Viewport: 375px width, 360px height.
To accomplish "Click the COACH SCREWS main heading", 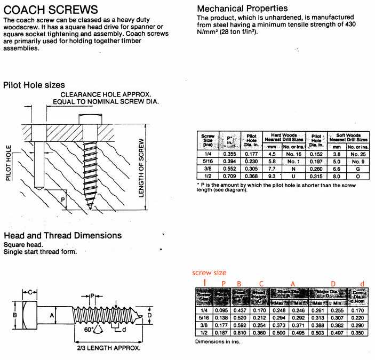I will [x=51, y=10].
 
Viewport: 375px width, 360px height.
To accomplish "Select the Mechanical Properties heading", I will [x=242, y=9].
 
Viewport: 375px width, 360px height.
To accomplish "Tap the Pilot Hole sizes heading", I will [x=34, y=85].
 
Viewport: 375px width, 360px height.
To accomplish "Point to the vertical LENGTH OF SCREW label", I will [x=142, y=167].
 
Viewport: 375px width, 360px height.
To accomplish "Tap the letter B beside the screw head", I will [x=15, y=315].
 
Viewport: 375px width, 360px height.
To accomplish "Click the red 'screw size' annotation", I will [x=209, y=272].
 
